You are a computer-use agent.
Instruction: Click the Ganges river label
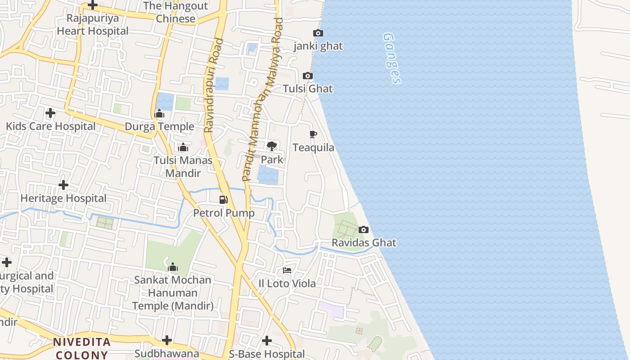tap(391, 58)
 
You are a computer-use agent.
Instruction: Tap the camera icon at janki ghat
tap(318, 33)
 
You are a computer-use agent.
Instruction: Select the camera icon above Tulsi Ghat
tap(308, 76)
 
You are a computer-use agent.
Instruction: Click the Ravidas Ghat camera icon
tap(364, 230)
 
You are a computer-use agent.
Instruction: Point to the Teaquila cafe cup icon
tap(313, 135)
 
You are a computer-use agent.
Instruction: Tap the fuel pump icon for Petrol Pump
tap(224, 200)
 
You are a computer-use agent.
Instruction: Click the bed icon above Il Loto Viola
tap(287, 270)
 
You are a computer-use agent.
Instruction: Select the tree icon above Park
tap(272, 146)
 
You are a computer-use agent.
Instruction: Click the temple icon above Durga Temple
tap(159, 114)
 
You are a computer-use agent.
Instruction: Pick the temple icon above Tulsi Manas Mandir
tap(183, 147)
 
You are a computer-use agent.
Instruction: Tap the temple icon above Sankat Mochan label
tap(172, 267)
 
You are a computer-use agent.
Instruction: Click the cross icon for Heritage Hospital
tap(63, 185)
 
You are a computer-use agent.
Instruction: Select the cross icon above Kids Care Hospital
tap(50, 113)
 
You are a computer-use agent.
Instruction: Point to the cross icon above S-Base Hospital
tap(267, 341)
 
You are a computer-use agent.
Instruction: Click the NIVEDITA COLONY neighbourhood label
tap(81, 348)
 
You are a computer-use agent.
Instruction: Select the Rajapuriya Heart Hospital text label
tap(93, 25)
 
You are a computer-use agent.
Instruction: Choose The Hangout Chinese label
tap(175, 12)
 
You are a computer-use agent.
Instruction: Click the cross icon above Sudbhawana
tap(167, 340)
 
